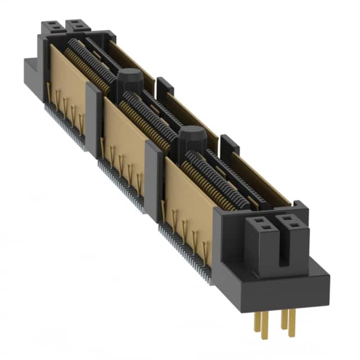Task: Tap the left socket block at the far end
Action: click(x=52, y=26)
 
